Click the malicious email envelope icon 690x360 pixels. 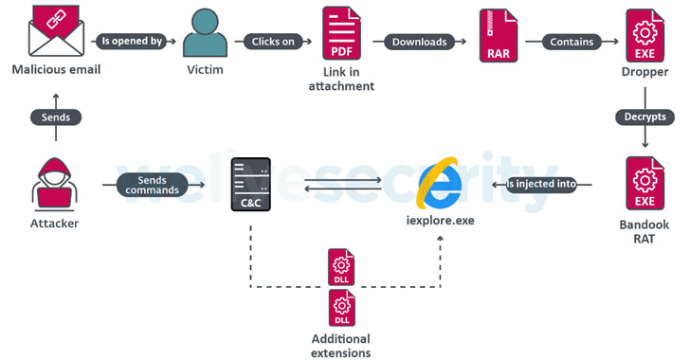click(56, 32)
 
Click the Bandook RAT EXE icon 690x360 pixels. click(645, 184)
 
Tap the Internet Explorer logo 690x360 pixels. click(439, 183)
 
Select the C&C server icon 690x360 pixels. click(251, 185)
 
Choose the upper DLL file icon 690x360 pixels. click(341, 267)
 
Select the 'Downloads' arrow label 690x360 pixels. click(419, 42)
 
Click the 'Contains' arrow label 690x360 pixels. click(572, 42)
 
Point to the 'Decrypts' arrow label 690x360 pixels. click(645, 117)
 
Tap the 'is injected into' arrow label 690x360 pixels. click(541, 185)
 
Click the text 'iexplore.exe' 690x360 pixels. click(439, 221)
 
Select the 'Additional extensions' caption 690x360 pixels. click(340, 346)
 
